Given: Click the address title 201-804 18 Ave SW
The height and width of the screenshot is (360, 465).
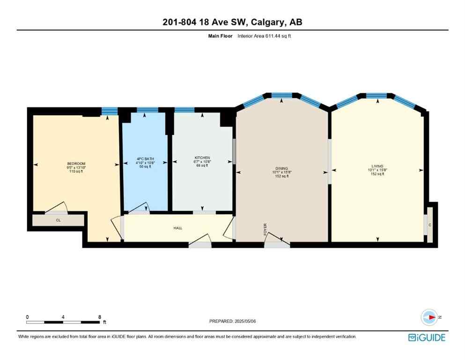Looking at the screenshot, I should (232, 22).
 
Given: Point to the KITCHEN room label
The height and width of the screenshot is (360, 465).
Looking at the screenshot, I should (202, 158).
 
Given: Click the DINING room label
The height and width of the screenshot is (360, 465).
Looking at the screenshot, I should (281, 169).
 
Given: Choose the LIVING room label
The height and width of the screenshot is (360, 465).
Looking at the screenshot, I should (377, 166).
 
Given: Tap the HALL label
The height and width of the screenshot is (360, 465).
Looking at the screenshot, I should (177, 228).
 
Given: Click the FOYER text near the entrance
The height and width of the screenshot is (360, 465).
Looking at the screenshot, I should (265, 228).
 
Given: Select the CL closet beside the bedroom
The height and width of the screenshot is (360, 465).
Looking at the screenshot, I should (58, 220).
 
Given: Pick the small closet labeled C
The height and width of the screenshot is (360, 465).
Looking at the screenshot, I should (429, 225).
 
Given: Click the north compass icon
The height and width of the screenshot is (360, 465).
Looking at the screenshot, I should (428, 317).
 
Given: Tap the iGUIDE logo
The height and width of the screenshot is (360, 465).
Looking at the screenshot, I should (426, 337).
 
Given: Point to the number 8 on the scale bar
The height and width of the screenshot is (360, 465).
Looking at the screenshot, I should (100, 317).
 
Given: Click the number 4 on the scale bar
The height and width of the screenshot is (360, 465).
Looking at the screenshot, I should (63, 317).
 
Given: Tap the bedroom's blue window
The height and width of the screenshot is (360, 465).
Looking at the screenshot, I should (109, 111).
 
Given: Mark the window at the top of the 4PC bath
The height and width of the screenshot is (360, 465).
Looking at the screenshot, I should (148, 110).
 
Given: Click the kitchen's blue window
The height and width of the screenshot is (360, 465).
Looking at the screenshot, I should (185, 110).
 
